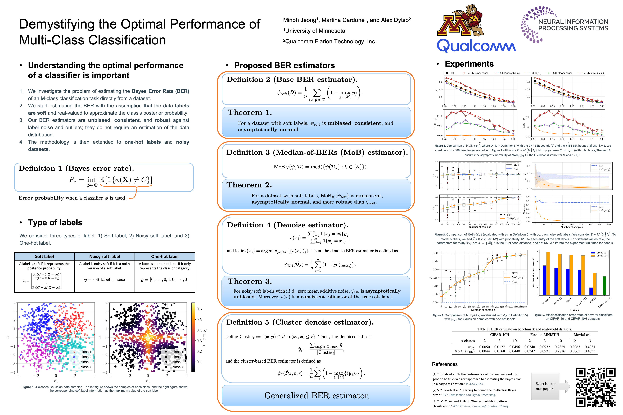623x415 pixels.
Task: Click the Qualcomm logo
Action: (476, 46)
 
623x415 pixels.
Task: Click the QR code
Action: (595, 387)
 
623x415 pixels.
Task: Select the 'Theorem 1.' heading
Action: (250, 113)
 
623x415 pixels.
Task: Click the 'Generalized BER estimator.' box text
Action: (316, 395)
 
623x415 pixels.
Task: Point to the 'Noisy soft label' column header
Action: (105, 256)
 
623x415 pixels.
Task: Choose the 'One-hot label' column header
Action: (165, 256)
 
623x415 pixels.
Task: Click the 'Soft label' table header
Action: (44, 256)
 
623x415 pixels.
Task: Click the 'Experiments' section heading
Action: (469, 64)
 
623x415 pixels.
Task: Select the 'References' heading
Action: (445, 364)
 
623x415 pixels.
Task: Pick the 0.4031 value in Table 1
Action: (590, 347)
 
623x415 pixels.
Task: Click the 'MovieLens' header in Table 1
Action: (582, 335)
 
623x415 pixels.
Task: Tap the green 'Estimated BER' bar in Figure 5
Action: (604, 286)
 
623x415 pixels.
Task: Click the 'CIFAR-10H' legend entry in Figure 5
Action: (602, 256)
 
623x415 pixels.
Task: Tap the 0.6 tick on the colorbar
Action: (199, 309)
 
